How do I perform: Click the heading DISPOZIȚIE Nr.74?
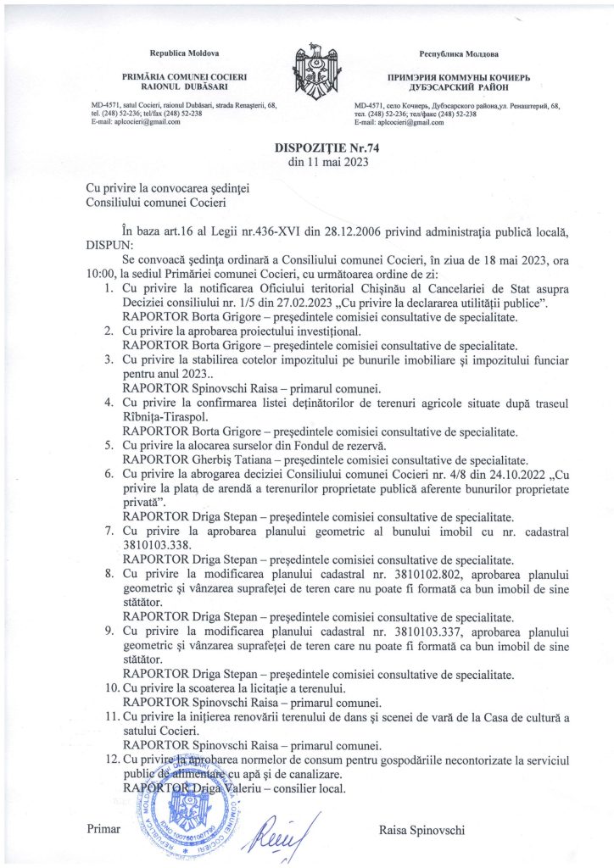(x=307, y=147)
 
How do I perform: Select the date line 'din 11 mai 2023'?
(x=307, y=161)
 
